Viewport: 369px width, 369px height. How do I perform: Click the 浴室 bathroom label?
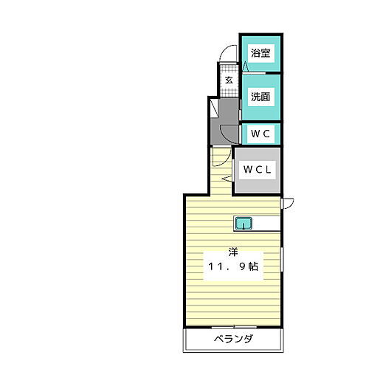point(259,53)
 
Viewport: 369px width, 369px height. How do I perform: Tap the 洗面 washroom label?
point(259,96)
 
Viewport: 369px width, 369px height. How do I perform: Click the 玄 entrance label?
point(229,80)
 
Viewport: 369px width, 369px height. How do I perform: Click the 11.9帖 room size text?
point(232,267)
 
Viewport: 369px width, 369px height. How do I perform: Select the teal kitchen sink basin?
point(244,222)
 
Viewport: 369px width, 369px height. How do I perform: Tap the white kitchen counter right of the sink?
point(266,222)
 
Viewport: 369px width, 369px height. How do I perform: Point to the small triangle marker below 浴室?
point(246,66)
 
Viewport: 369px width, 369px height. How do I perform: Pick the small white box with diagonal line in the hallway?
point(215,109)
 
